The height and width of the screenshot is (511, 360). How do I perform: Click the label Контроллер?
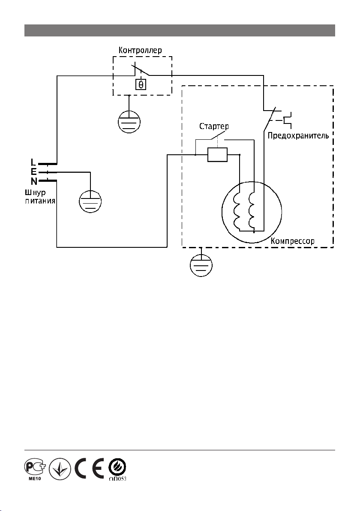click(x=140, y=51)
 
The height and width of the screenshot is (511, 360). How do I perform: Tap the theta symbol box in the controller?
click(x=141, y=85)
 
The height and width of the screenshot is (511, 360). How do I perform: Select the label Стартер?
click(x=214, y=126)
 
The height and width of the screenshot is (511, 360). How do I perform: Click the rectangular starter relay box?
click(x=217, y=155)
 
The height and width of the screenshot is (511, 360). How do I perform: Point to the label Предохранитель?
click(x=298, y=135)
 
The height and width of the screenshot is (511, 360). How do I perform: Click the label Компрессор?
click(x=293, y=241)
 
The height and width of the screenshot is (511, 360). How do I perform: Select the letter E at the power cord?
click(x=34, y=172)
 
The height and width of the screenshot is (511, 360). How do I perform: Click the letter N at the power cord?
click(x=34, y=181)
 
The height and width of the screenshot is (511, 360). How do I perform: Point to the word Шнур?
click(x=35, y=192)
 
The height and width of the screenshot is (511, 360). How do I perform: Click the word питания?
click(x=40, y=201)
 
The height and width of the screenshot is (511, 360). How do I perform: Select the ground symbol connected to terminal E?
click(x=90, y=202)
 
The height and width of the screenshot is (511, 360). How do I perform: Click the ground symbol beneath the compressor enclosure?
click(x=201, y=266)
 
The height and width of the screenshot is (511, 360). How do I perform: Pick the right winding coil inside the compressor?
click(x=251, y=212)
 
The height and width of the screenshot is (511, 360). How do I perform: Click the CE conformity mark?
click(x=89, y=468)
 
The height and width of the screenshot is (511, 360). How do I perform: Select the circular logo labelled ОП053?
click(x=117, y=469)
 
